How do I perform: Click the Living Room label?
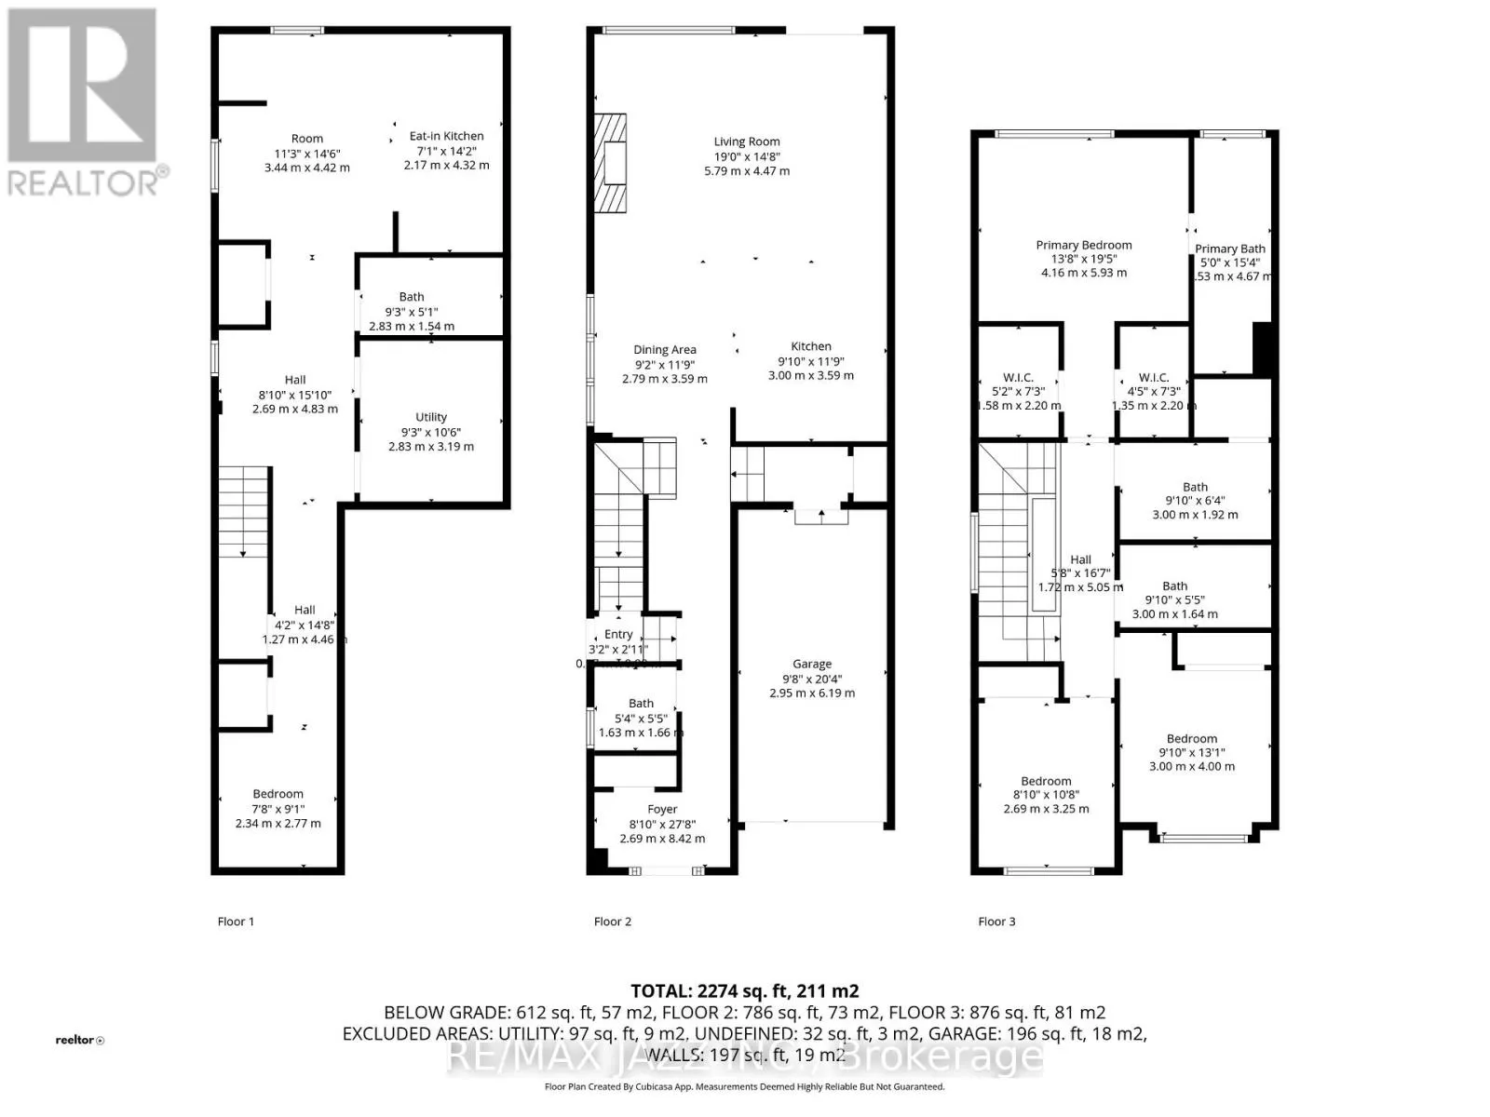point(746,141)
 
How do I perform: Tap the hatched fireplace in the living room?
point(611,164)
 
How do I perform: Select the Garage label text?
point(812,664)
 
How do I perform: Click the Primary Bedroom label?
point(1084,245)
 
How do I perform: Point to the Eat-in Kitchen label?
point(446,136)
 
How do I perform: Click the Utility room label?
point(430,417)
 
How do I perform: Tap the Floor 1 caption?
point(236,922)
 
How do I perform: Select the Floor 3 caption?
point(996,922)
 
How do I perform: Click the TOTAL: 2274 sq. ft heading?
point(744,991)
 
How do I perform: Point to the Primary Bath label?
point(1229,249)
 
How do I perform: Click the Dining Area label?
point(665,350)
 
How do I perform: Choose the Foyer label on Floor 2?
point(662,809)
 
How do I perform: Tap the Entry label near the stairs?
point(618,634)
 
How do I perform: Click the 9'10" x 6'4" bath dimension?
point(1195,501)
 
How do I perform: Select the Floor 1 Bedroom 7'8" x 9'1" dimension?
point(278,809)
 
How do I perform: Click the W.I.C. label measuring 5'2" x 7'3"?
point(1018,377)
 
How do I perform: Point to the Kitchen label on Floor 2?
point(811,346)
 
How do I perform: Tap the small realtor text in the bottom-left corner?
point(79,1040)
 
